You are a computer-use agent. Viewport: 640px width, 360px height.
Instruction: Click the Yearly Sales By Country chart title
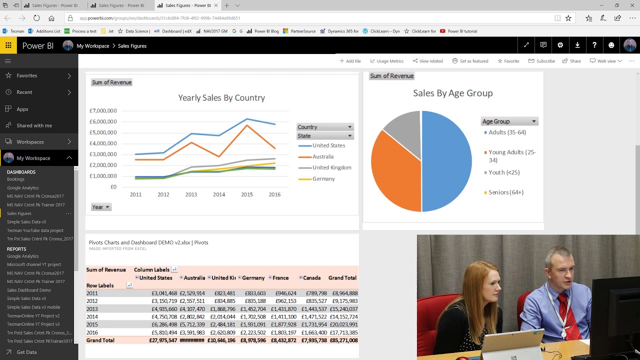pyautogui.click(x=221, y=98)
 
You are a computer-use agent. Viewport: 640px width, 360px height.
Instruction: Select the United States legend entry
pyautogui.click(x=328, y=145)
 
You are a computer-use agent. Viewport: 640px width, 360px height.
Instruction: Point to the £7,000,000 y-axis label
pyautogui.click(x=103, y=111)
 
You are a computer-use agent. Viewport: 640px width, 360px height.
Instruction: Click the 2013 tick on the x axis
pyautogui.click(x=191, y=194)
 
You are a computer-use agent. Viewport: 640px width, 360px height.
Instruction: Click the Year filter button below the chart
pyautogui.click(x=100, y=207)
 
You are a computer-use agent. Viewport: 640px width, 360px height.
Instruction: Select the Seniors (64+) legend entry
pyautogui.click(x=506, y=192)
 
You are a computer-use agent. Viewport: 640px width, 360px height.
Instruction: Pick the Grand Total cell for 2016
pyautogui.click(x=343, y=332)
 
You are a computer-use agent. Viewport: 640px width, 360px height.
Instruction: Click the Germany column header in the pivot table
pyautogui.click(x=253, y=278)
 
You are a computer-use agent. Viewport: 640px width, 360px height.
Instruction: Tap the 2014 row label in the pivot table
pyautogui.click(x=92, y=317)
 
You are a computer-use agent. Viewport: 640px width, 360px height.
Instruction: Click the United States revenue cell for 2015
pyautogui.click(x=164, y=324)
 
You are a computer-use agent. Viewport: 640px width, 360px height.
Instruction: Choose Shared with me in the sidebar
pyautogui.click(x=34, y=125)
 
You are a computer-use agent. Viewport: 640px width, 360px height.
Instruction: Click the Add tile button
pyautogui.click(x=350, y=61)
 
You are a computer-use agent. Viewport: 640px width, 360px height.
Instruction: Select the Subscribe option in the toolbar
pyautogui.click(x=541, y=61)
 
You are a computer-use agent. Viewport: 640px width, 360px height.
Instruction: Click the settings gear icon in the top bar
pyautogui.click(x=560, y=45)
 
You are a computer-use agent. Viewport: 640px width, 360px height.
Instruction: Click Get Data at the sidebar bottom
pyautogui.click(x=26, y=352)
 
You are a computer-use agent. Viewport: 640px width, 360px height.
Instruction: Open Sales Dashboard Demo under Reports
pyautogui.click(x=29, y=290)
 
